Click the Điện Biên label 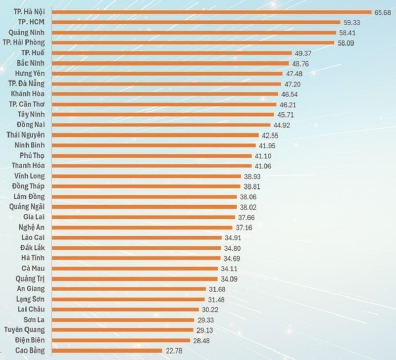[x=31, y=340]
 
